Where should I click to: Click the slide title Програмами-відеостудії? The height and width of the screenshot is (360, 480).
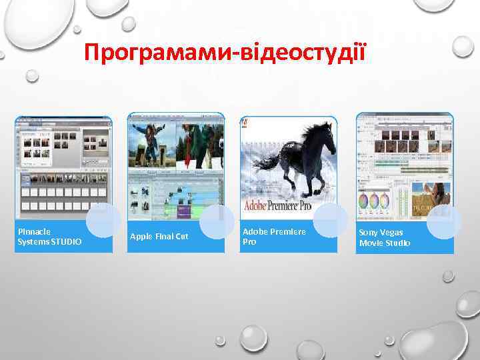225,51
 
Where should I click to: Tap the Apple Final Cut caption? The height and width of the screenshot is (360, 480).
159,237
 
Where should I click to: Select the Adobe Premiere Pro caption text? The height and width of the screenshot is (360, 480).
274,237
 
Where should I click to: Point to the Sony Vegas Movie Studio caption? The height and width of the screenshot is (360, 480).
385,237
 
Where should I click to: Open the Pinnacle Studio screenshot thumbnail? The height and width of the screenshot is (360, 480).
63,167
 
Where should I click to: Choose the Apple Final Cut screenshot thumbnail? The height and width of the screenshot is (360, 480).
176,167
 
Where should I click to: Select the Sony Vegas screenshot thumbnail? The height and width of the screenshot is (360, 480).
405,167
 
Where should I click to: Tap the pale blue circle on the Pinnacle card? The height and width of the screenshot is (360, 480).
103,220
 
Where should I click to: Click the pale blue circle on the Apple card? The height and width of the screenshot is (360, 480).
217,221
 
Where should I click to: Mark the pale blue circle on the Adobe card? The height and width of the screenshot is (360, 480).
330,220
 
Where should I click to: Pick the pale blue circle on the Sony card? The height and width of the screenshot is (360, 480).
443,222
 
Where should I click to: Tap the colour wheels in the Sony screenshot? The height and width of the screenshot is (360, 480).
377,201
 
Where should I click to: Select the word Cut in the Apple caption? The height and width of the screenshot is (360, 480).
181,237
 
